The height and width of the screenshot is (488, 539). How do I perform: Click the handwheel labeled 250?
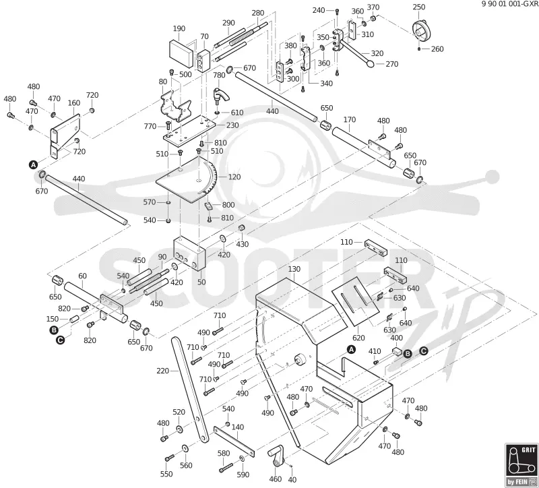click(x=422, y=30)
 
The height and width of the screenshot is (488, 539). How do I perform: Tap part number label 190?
click(x=179, y=28)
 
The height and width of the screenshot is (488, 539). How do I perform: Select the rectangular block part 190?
click(x=181, y=53)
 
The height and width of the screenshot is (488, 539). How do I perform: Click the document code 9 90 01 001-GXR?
click(x=510, y=4)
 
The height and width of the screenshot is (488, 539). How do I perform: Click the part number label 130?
click(x=294, y=269)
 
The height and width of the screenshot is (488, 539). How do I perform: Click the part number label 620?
click(x=358, y=338)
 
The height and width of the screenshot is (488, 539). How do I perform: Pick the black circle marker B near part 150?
click(x=54, y=330)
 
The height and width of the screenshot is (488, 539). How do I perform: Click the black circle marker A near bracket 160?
click(x=33, y=164)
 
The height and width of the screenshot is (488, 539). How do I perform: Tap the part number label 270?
click(x=391, y=64)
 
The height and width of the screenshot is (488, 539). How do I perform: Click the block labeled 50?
click(x=189, y=255)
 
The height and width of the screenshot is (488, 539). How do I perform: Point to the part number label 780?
click(x=219, y=75)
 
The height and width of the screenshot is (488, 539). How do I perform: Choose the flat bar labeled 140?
click(x=234, y=441)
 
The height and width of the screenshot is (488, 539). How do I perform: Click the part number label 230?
click(x=232, y=125)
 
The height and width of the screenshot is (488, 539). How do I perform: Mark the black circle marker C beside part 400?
click(x=424, y=350)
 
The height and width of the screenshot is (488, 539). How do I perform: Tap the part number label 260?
click(x=437, y=49)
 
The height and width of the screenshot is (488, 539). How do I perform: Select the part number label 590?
click(x=243, y=475)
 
